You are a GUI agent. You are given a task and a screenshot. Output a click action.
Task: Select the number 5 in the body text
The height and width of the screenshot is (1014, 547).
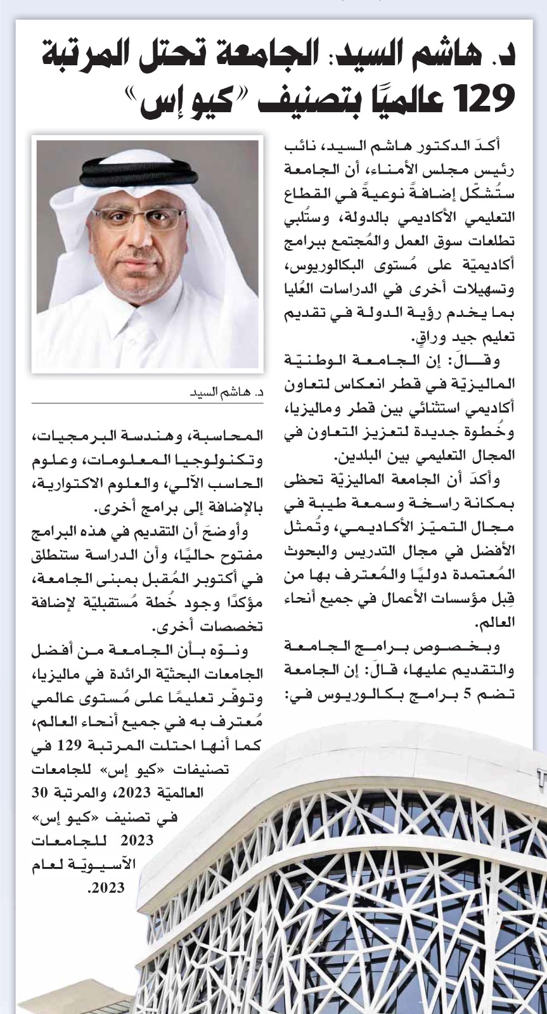tap(468, 695)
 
